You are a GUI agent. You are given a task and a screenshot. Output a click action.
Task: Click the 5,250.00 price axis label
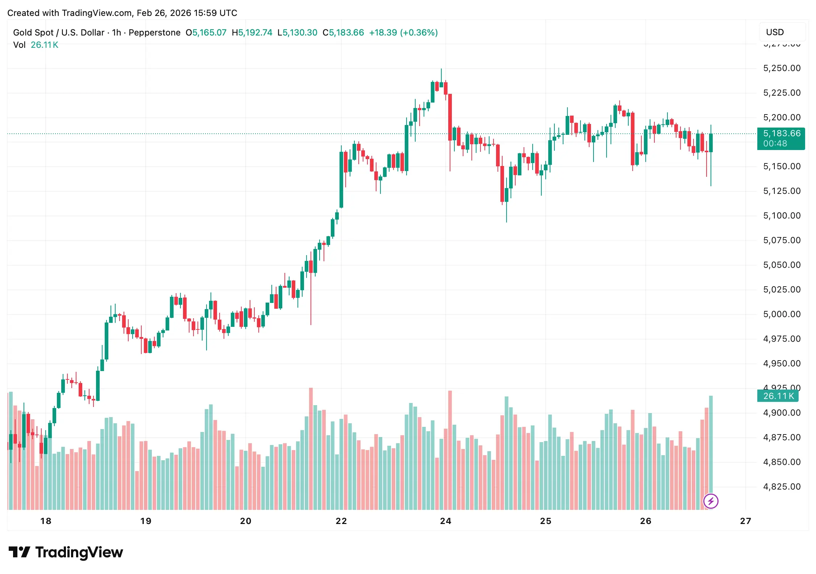pos(782,68)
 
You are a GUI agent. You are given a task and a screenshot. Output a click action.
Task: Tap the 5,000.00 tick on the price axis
pos(782,314)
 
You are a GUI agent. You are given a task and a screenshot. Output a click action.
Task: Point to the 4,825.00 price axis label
pos(782,487)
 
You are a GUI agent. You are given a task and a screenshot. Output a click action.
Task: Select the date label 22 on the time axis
pos(341,521)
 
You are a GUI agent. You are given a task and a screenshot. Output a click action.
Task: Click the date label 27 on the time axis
pos(745,521)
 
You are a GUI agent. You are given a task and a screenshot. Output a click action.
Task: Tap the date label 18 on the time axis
pos(46,521)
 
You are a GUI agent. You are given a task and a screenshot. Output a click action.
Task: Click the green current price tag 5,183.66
pos(781,138)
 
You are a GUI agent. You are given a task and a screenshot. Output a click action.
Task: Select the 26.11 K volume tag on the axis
pos(778,396)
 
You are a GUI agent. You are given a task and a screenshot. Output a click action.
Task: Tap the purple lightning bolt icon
pos(711,501)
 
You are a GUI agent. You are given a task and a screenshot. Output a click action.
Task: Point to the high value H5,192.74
pos(252,33)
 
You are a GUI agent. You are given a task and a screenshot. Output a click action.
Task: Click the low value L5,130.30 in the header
pos(297,33)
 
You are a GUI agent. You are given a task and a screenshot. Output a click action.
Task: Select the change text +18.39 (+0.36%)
pos(403,33)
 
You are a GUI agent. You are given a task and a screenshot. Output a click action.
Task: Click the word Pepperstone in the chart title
pos(154,33)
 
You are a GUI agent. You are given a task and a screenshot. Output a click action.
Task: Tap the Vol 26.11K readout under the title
pos(36,45)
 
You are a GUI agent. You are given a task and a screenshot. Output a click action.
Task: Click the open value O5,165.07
pos(206,33)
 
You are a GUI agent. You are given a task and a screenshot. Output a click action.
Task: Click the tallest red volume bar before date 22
pos(311,449)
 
